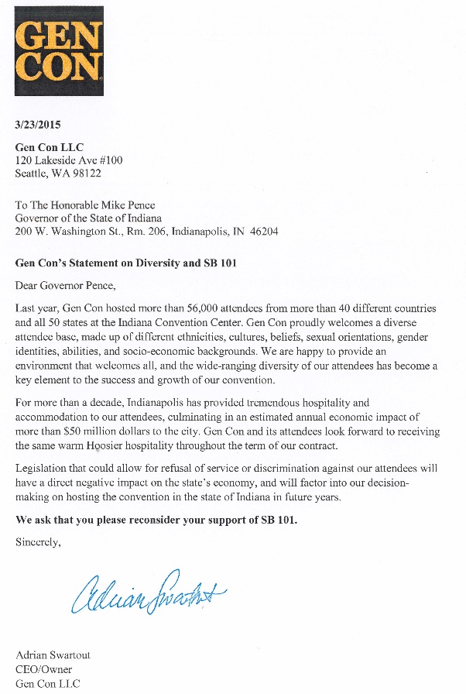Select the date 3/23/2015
click(38, 124)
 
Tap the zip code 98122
click(85, 173)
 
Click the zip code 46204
click(262, 232)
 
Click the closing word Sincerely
click(37, 542)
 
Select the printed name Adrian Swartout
click(53, 655)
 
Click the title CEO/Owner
click(43, 669)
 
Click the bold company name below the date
click(49, 147)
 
